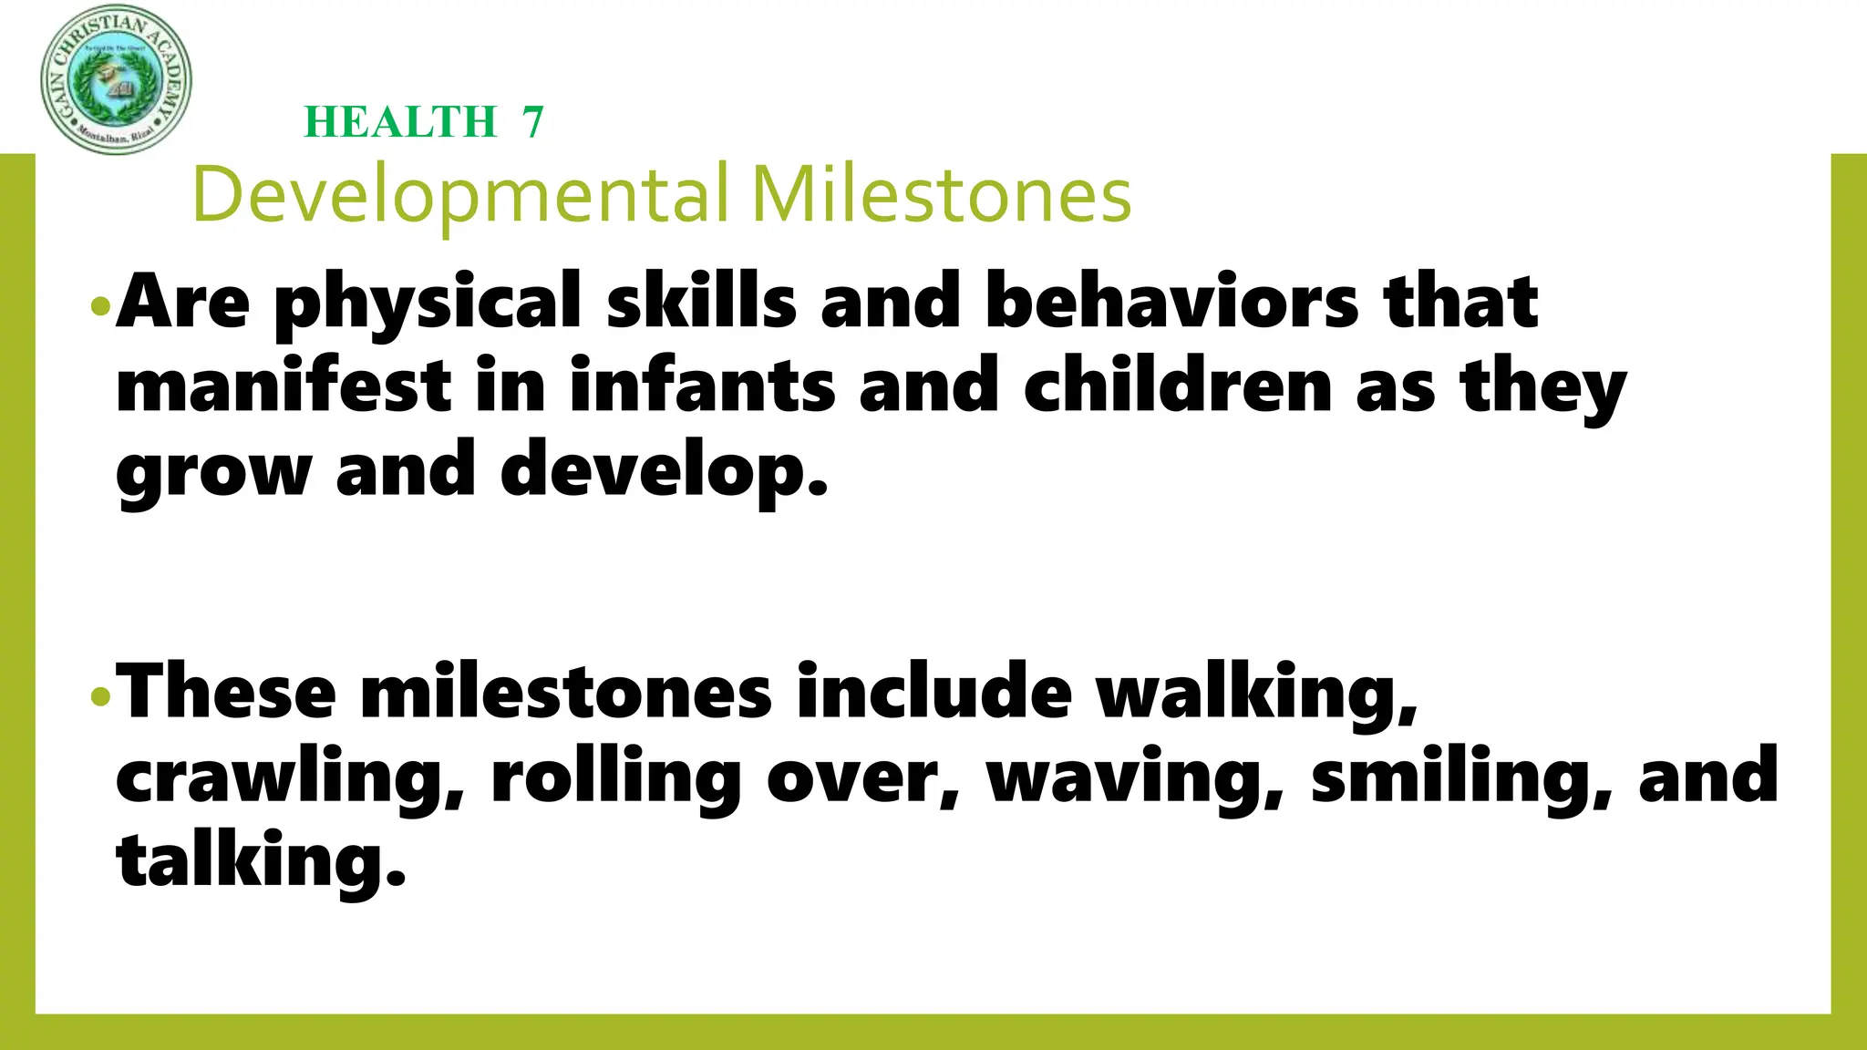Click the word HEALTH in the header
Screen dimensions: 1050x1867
click(400, 122)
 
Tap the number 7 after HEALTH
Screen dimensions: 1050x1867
click(533, 122)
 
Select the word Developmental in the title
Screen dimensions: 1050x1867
click(460, 195)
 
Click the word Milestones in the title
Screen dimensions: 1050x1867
click(941, 195)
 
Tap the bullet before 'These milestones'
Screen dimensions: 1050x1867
click(100, 697)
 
